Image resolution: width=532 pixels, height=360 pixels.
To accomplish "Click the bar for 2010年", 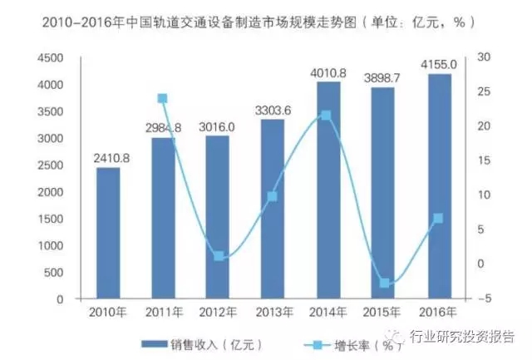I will coord(108,233).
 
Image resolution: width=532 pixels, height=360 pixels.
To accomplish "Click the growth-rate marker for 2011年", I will coord(163,98).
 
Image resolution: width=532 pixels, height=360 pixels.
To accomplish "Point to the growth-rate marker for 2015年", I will coord(384,284).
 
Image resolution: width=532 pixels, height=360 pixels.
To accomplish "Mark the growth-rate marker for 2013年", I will coord(273,197).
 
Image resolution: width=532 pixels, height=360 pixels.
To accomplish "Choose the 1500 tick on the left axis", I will coord(52,219).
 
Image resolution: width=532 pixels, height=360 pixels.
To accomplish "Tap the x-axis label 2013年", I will coord(273,313).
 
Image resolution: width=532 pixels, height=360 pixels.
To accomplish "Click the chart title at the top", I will coord(266,20).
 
